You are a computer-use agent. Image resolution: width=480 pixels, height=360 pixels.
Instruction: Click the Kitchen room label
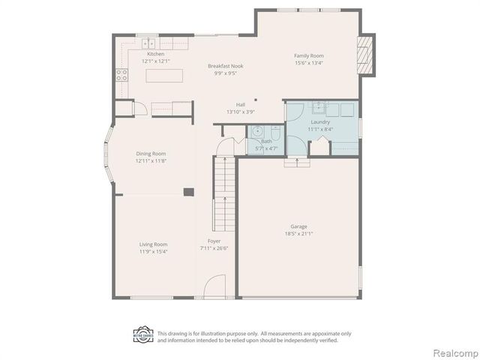155,54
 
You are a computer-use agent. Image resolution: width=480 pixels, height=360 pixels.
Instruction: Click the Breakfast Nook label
225,66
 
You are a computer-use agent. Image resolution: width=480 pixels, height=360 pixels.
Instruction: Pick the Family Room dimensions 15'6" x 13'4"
308,63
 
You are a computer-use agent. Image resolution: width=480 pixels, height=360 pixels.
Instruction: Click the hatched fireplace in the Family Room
365,55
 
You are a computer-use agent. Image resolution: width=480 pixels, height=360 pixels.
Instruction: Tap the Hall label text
241,104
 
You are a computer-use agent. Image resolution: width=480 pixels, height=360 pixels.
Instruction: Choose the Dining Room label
151,154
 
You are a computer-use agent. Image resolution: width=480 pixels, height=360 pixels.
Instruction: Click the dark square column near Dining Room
189,192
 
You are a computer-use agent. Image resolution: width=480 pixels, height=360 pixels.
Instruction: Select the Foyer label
214,241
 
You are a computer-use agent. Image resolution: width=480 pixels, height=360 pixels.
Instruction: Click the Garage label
299,226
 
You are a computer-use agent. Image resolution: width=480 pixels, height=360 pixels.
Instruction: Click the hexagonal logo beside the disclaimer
143,334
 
